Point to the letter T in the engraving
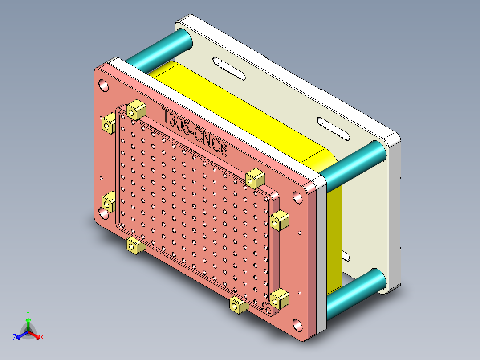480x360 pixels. point(167,116)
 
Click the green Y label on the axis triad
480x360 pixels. point(28,313)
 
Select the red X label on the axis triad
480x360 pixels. point(42,337)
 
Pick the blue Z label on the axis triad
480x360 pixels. point(15,337)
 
